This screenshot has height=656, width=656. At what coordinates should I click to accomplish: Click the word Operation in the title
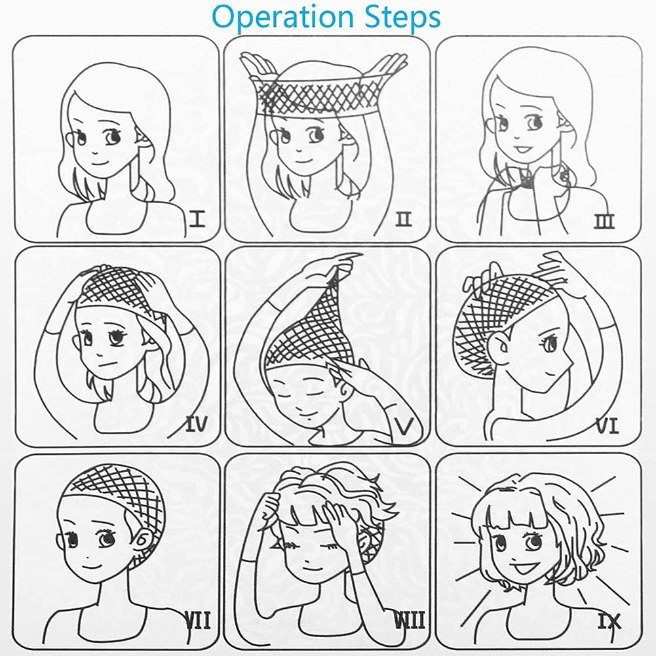click(x=283, y=18)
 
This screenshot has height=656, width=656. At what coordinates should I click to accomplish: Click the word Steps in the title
click(x=402, y=18)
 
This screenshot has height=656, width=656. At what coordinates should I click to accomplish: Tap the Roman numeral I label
click(x=197, y=219)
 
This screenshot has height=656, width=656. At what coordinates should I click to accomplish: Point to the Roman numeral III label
click(x=604, y=221)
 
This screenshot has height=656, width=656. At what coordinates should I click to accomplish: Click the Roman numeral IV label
click(x=196, y=425)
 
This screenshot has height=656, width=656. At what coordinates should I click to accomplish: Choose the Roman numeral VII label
click(x=197, y=620)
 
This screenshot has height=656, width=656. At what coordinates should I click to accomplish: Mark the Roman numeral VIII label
click(x=410, y=620)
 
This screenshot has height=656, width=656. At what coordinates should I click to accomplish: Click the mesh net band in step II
click(x=315, y=96)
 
